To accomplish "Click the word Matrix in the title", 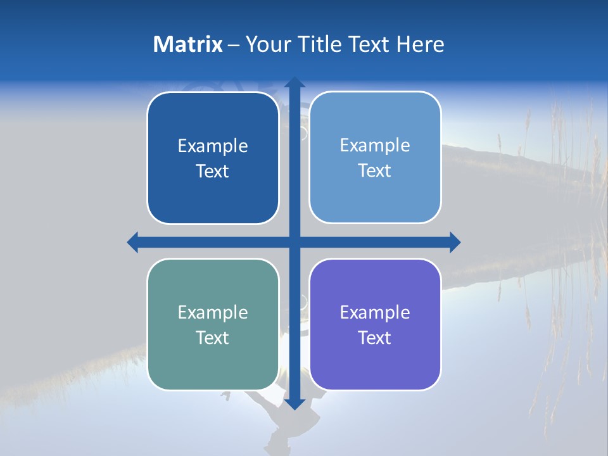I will [188, 44].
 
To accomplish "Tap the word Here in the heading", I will [420, 44].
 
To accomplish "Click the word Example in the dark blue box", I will [213, 146].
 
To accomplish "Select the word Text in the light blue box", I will [375, 171].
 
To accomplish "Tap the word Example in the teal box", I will [213, 312].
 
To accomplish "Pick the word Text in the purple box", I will [375, 338].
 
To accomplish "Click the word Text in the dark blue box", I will [213, 172].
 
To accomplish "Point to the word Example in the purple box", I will [375, 312].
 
